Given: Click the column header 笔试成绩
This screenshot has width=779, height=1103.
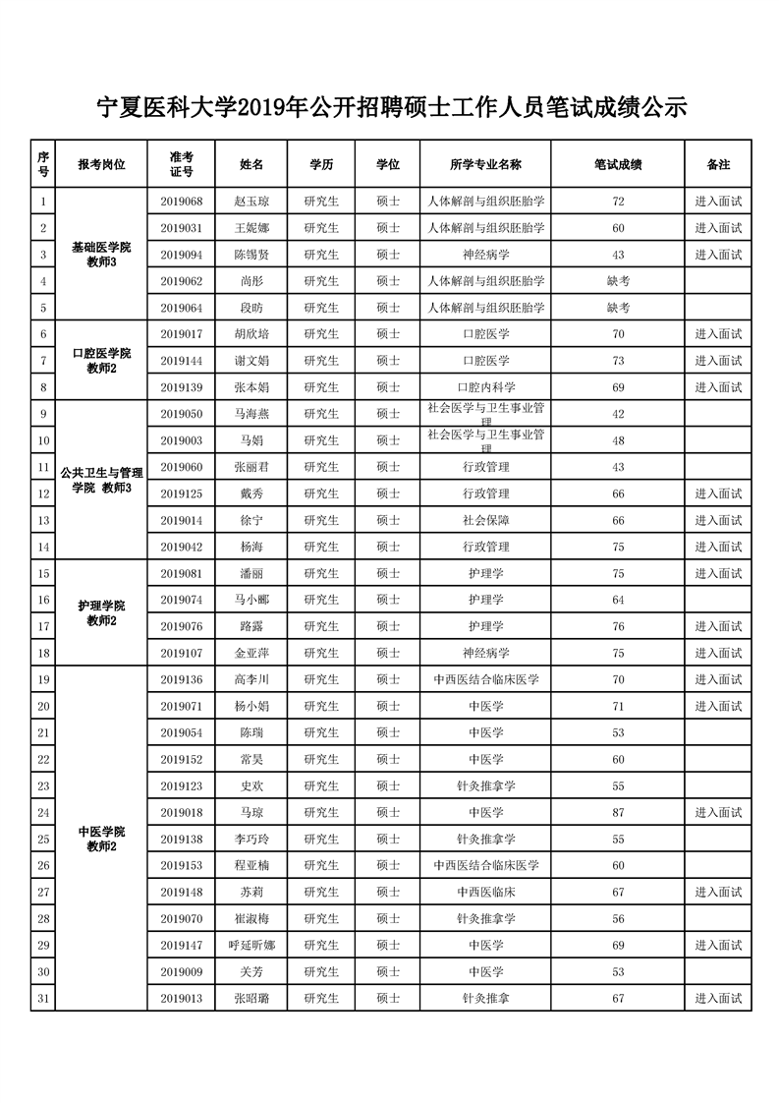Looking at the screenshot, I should click(x=618, y=164).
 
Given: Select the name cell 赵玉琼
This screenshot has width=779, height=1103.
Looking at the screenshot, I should click(x=251, y=202).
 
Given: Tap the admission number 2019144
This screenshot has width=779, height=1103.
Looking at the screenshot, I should click(x=181, y=361).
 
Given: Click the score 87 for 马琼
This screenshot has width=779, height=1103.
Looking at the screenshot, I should click(x=618, y=812).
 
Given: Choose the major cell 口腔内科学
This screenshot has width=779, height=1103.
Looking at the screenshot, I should click(x=485, y=387).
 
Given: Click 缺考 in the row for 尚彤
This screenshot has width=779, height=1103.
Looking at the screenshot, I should click(x=618, y=281).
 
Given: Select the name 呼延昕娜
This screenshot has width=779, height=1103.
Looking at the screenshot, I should click(x=251, y=945).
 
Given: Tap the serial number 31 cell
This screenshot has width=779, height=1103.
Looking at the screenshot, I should click(x=43, y=998).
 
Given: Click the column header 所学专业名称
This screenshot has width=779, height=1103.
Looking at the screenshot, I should click(x=485, y=164).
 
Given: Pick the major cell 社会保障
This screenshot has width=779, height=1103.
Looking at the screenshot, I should click(x=485, y=520).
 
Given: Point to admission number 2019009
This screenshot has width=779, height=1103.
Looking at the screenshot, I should click(x=181, y=971).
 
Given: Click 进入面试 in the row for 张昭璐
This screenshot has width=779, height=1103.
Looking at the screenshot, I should click(x=718, y=998).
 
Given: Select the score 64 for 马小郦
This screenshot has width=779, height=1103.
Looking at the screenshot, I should click(x=618, y=600).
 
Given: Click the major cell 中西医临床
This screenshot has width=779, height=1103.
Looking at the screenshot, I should click(x=485, y=892).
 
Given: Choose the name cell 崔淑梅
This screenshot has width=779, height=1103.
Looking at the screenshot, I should click(x=251, y=918).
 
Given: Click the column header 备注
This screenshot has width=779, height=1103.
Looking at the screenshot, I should click(x=718, y=164).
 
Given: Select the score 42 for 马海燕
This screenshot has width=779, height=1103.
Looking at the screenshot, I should click(x=618, y=414).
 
